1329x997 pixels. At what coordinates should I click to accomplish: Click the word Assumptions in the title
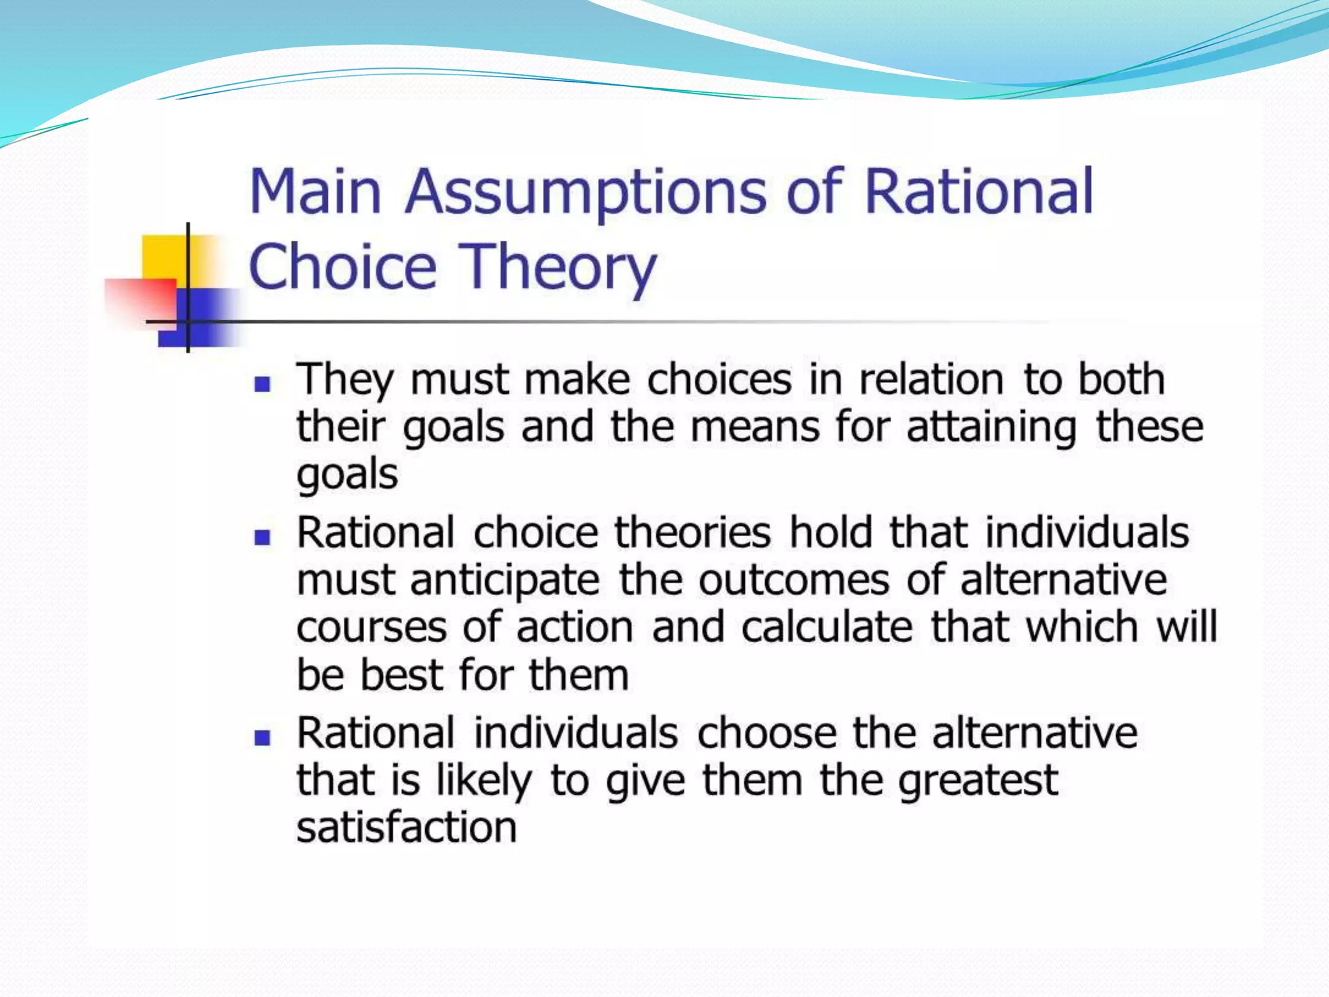pyautogui.click(x=585, y=192)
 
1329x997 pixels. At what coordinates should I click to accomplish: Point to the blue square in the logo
pyautogui.click(x=208, y=318)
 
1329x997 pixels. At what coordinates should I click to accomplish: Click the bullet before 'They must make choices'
pyautogui.click(x=262, y=384)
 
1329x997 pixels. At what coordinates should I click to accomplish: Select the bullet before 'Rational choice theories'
pyautogui.click(x=262, y=537)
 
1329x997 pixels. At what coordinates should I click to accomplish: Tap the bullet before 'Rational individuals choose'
pyautogui.click(x=262, y=737)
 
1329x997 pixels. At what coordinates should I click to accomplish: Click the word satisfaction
pyautogui.click(x=406, y=828)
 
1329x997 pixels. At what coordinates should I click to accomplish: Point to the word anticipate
pyautogui.click(x=505, y=580)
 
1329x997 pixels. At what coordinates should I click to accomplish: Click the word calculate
pyautogui.click(x=827, y=627)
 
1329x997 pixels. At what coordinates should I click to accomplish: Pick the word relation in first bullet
pyautogui.click(x=931, y=379)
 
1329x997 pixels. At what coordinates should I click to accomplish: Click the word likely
pyautogui.click(x=483, y=781)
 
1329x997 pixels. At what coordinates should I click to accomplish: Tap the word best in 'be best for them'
pyautogui.click(x=401, y=675)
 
